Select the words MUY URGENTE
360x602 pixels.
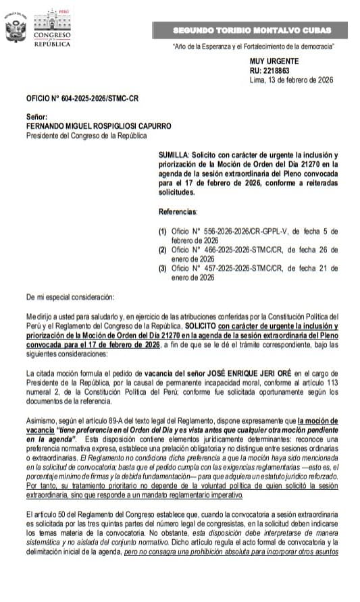(270, 61)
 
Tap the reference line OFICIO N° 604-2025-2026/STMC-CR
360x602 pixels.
(82, 98)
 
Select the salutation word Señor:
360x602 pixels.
(36, 117)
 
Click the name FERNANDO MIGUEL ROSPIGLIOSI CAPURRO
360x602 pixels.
(98, 126)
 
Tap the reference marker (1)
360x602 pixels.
(162, 231)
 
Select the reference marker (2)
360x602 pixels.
(162, 250)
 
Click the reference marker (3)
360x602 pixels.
(162, 269)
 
